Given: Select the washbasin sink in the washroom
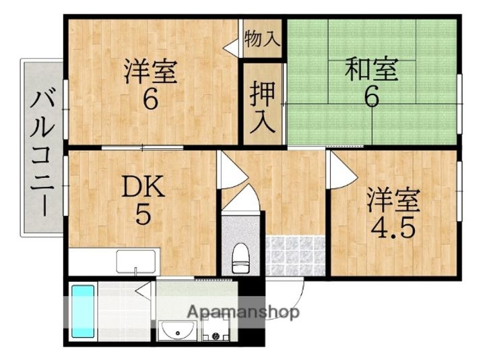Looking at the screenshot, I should [x=179, y=330].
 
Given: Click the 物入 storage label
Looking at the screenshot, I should [x=261, y=38].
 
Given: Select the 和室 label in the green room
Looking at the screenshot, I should [x=370, y=69].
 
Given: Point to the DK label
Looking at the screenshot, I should [x=142, y=187].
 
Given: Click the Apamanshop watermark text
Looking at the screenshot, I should [x=243, y=313].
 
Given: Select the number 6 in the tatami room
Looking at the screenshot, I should [x=371, y=96].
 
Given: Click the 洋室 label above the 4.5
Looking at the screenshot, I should [x=393, y=200].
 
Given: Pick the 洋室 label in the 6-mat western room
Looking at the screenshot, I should [x=150, y=72].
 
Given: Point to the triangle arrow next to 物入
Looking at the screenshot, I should [x=232, y=47].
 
